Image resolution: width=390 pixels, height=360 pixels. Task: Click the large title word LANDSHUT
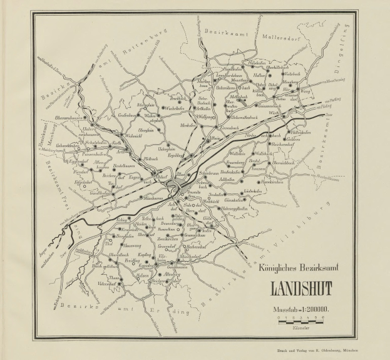click(x=301, y=291)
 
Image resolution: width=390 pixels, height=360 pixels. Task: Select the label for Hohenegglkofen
click(x=240, y=208)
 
